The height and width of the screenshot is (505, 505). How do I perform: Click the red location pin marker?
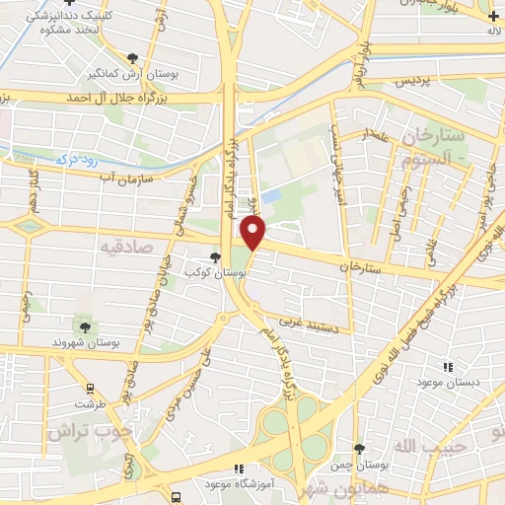tap(254, 233)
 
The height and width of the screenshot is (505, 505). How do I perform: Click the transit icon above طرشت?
tap(90, 388)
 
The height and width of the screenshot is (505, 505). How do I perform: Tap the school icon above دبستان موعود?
tap(448, 365)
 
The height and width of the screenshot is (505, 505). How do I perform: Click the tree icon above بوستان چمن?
tap(359, 449)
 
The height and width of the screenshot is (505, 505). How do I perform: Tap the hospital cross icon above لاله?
tap(492, 16)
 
